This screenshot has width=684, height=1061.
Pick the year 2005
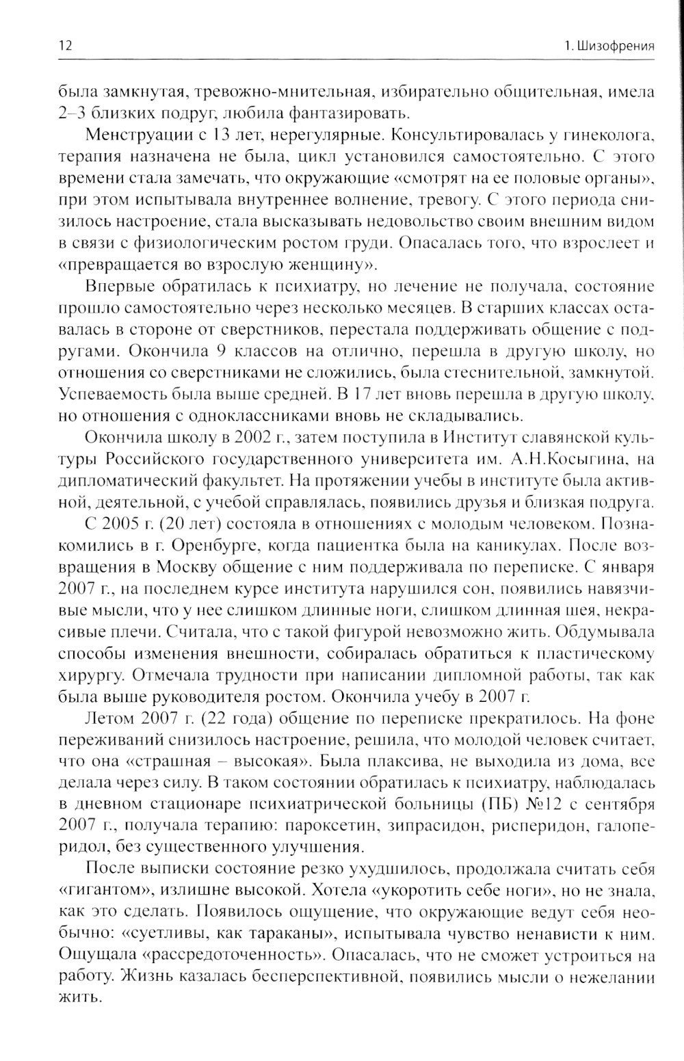pyautogui.click(x=122, y=526)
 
